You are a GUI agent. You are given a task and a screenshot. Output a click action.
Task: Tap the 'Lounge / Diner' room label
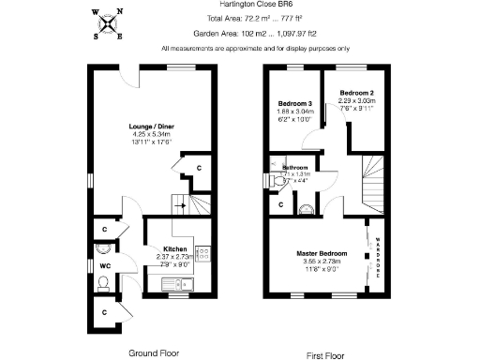tap(152, 126)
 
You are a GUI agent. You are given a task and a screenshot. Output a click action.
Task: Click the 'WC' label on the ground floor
tap(105, 266)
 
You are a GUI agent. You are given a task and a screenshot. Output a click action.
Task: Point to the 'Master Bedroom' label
tap(322, 254)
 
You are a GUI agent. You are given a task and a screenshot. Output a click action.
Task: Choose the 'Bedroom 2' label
tap(357, 94)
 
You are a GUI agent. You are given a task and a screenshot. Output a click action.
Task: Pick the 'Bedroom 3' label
tap(294, 103)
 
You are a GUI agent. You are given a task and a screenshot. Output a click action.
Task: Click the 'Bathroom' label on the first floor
tap(294, 167)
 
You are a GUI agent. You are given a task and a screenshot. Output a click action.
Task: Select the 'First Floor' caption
tap(327, 356)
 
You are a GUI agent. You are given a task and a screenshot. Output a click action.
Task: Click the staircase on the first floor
tap(372, 183)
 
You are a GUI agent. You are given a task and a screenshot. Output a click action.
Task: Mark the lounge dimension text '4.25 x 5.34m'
tap(152, 134)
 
